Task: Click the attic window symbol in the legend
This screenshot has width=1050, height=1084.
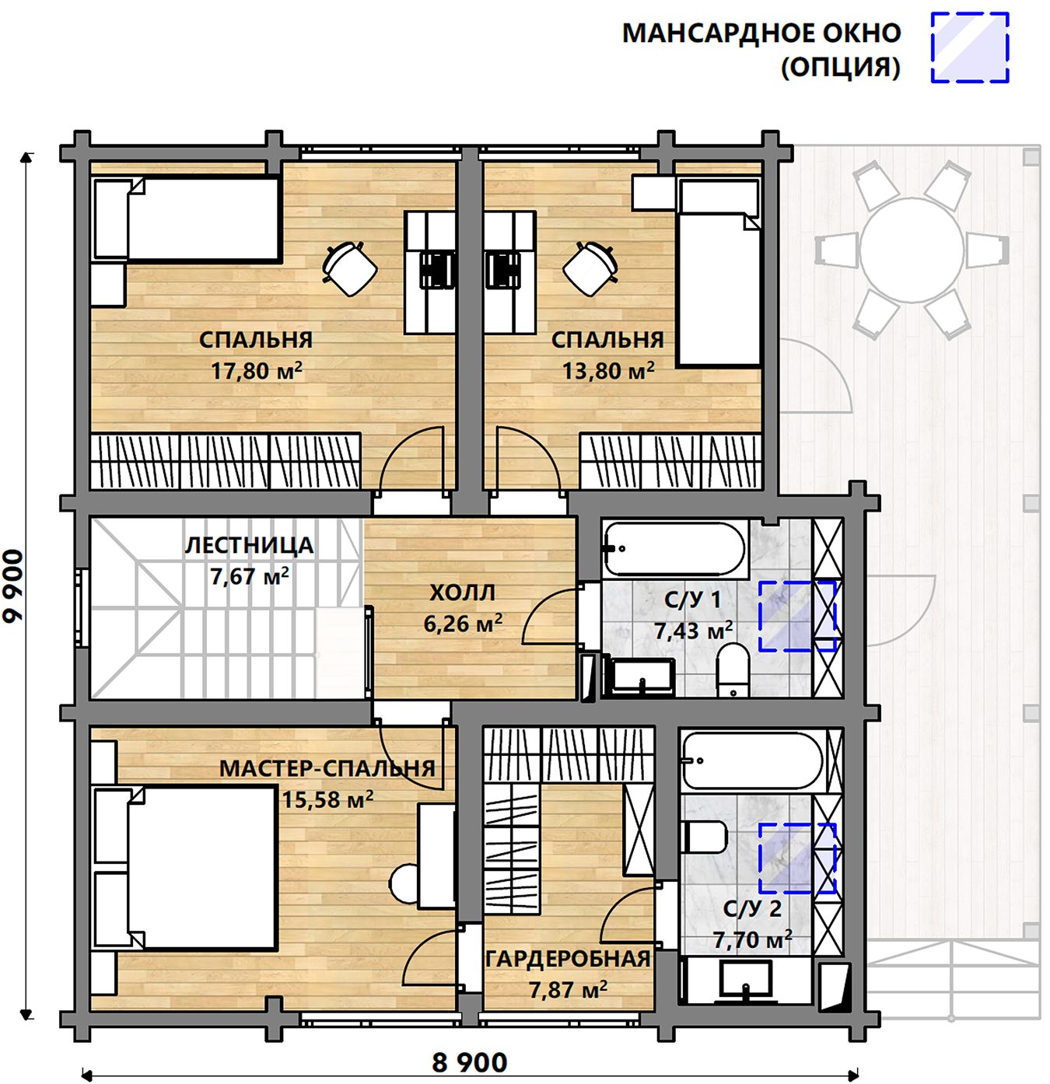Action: pos(970,48)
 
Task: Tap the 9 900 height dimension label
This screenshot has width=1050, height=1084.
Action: pos(13,586)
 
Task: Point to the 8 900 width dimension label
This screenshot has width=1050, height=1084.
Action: pos(470,1062)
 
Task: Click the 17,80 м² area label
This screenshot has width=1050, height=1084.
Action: pos(256,370)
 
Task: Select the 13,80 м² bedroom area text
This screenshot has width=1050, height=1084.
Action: pos(608,370)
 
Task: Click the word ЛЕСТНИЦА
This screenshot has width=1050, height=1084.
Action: pos(249,545)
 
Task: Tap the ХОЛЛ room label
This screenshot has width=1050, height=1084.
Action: pos(462,593)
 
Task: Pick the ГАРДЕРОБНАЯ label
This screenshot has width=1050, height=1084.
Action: pos(569,959)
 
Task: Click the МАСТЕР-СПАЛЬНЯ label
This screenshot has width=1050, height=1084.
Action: pos(327,769)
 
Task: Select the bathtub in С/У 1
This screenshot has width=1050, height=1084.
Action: pos(674,549)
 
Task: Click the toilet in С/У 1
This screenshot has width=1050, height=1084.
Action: pos(733,670)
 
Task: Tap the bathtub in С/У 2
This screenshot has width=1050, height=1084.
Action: pos(753,761)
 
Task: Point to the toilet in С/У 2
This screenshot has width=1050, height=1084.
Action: pos(704,836)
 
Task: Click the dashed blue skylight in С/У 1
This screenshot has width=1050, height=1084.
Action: pos(797,616)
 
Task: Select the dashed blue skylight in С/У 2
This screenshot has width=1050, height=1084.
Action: pos(797,858)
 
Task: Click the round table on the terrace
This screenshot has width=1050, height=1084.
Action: pos(912,250)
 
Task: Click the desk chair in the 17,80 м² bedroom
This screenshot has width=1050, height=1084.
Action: pos(350,268)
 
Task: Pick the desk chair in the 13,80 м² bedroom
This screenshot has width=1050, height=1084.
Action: pos(590,268)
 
